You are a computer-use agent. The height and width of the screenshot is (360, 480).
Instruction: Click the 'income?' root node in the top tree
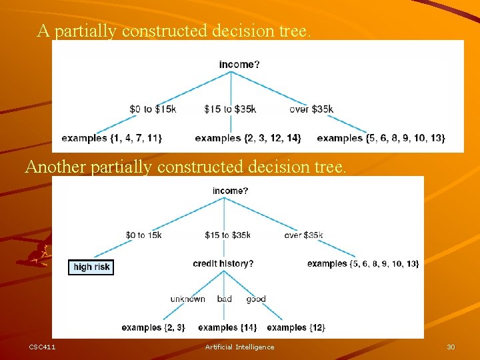(x=237, y=65)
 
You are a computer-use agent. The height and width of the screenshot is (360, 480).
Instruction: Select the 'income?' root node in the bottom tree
(x=231, y=191)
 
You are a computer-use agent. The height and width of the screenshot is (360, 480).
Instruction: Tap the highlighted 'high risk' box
(x=91, y=267)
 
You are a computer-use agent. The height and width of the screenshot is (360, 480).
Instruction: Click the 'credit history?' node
(x=223, y=264)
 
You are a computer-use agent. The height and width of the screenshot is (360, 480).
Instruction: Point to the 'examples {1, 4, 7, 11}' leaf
(x=111, y=138)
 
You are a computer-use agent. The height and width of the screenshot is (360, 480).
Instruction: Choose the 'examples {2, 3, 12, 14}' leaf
(x=247, y=138)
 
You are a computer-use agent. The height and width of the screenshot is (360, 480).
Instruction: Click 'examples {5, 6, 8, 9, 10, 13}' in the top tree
(x=381, y=138)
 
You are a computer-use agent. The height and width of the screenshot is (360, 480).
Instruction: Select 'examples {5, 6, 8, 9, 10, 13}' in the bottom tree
(x=363, y=264)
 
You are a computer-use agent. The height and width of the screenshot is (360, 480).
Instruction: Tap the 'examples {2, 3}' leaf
(x=153, y=327)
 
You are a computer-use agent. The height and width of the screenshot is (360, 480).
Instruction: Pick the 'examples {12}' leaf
(x=295, y=327)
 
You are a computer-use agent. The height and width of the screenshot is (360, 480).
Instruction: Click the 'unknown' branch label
(x=187, y=299)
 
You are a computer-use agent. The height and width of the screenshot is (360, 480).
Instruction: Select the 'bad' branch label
(x=225, y=299)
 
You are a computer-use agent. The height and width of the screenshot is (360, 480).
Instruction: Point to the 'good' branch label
(x=256, y=299)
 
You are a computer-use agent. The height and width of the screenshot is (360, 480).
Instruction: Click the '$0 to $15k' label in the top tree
(x=153, y=109)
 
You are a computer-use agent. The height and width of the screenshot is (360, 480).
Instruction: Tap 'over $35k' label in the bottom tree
(x=303, y=235)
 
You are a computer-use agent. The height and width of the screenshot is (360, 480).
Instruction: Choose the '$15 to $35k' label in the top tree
(x=230, y=109)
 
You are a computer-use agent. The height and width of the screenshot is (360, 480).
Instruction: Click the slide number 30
(x=451, y=347)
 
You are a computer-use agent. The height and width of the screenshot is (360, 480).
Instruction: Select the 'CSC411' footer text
(x=42, y=347)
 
